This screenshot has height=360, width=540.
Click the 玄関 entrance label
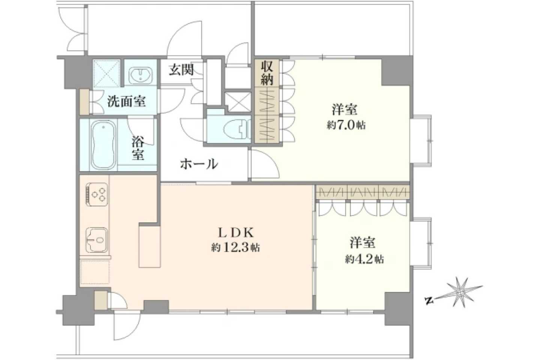click(181, 70)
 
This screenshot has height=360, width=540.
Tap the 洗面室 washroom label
click(126, 102)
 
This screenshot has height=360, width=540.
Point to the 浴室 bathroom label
click(138, 148)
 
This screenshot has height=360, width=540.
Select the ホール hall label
click(199, 164)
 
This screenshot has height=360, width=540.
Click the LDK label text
click(235, 233)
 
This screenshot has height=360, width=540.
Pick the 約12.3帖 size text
click(235, 247)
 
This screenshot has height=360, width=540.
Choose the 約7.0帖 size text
click(346, 125)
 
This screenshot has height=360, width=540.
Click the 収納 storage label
click(267, 73)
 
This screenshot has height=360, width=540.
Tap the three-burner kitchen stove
click(97, 194)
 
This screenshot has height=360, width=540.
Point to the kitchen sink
click(97, 240)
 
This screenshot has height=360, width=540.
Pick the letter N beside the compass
click(428, 301)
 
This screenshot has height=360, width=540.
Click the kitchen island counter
click(150, 246)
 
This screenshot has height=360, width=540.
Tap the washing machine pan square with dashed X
click(106, 73)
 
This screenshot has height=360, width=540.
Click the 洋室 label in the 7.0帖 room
click(345, 110)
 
